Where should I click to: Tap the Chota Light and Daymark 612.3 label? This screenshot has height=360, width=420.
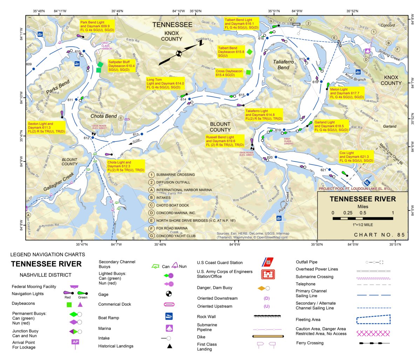(x=126, y=166)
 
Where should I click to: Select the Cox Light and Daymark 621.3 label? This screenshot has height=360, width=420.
(x=356, y=157)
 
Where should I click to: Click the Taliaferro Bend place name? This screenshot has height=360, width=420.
(x=283, y=65)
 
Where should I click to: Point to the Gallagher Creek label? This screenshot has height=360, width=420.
(x=59, y=182)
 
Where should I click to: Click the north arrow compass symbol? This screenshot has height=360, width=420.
(x=179, y=53)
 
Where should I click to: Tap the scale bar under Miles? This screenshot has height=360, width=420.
(x=363, y=219)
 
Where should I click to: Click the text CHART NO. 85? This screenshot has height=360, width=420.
(x=379, y=235)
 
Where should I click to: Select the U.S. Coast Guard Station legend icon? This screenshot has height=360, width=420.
(x=268, y=262)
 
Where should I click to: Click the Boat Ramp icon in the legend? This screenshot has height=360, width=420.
(x=169, y=317)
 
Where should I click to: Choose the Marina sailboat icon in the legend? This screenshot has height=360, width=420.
(x=169, y=328)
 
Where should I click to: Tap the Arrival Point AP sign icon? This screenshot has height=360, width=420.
(x=75, y=343)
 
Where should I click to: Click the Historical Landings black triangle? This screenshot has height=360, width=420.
(x=169, y=346)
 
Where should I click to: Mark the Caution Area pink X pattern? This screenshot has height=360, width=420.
(x=373, y=333)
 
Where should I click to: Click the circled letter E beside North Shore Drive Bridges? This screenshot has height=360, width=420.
(x=151, y=221)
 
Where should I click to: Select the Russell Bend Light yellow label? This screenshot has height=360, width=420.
(x=225, y=141)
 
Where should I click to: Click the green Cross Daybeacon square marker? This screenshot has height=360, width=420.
(x=248, y=72)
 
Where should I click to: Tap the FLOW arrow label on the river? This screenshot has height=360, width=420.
(x=134, y=141)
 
